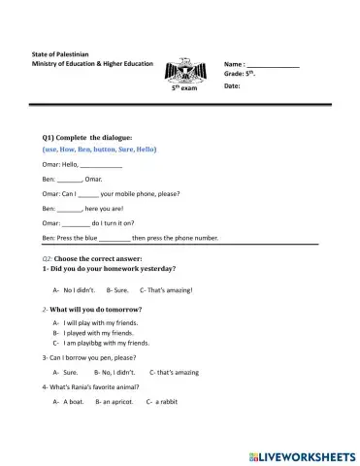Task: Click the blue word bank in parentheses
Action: pos(99,150)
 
